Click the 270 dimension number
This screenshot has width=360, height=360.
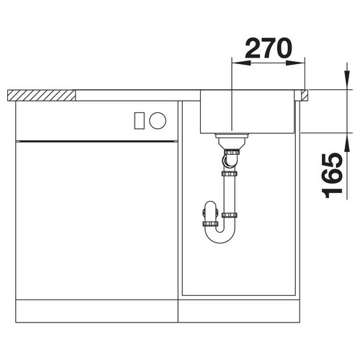pos(269,48)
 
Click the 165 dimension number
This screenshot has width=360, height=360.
pos(333,175)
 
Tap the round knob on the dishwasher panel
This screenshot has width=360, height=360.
pos(158,120)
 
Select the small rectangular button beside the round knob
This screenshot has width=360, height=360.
pos(139,120)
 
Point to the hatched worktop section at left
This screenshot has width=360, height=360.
pos(41,95)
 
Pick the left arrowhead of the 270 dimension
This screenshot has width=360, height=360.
pos(241,63)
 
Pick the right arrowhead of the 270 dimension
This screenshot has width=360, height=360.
pos(295,63)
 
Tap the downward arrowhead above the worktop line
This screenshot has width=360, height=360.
pos(346,80)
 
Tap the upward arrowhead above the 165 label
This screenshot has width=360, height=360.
pos(346,143)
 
